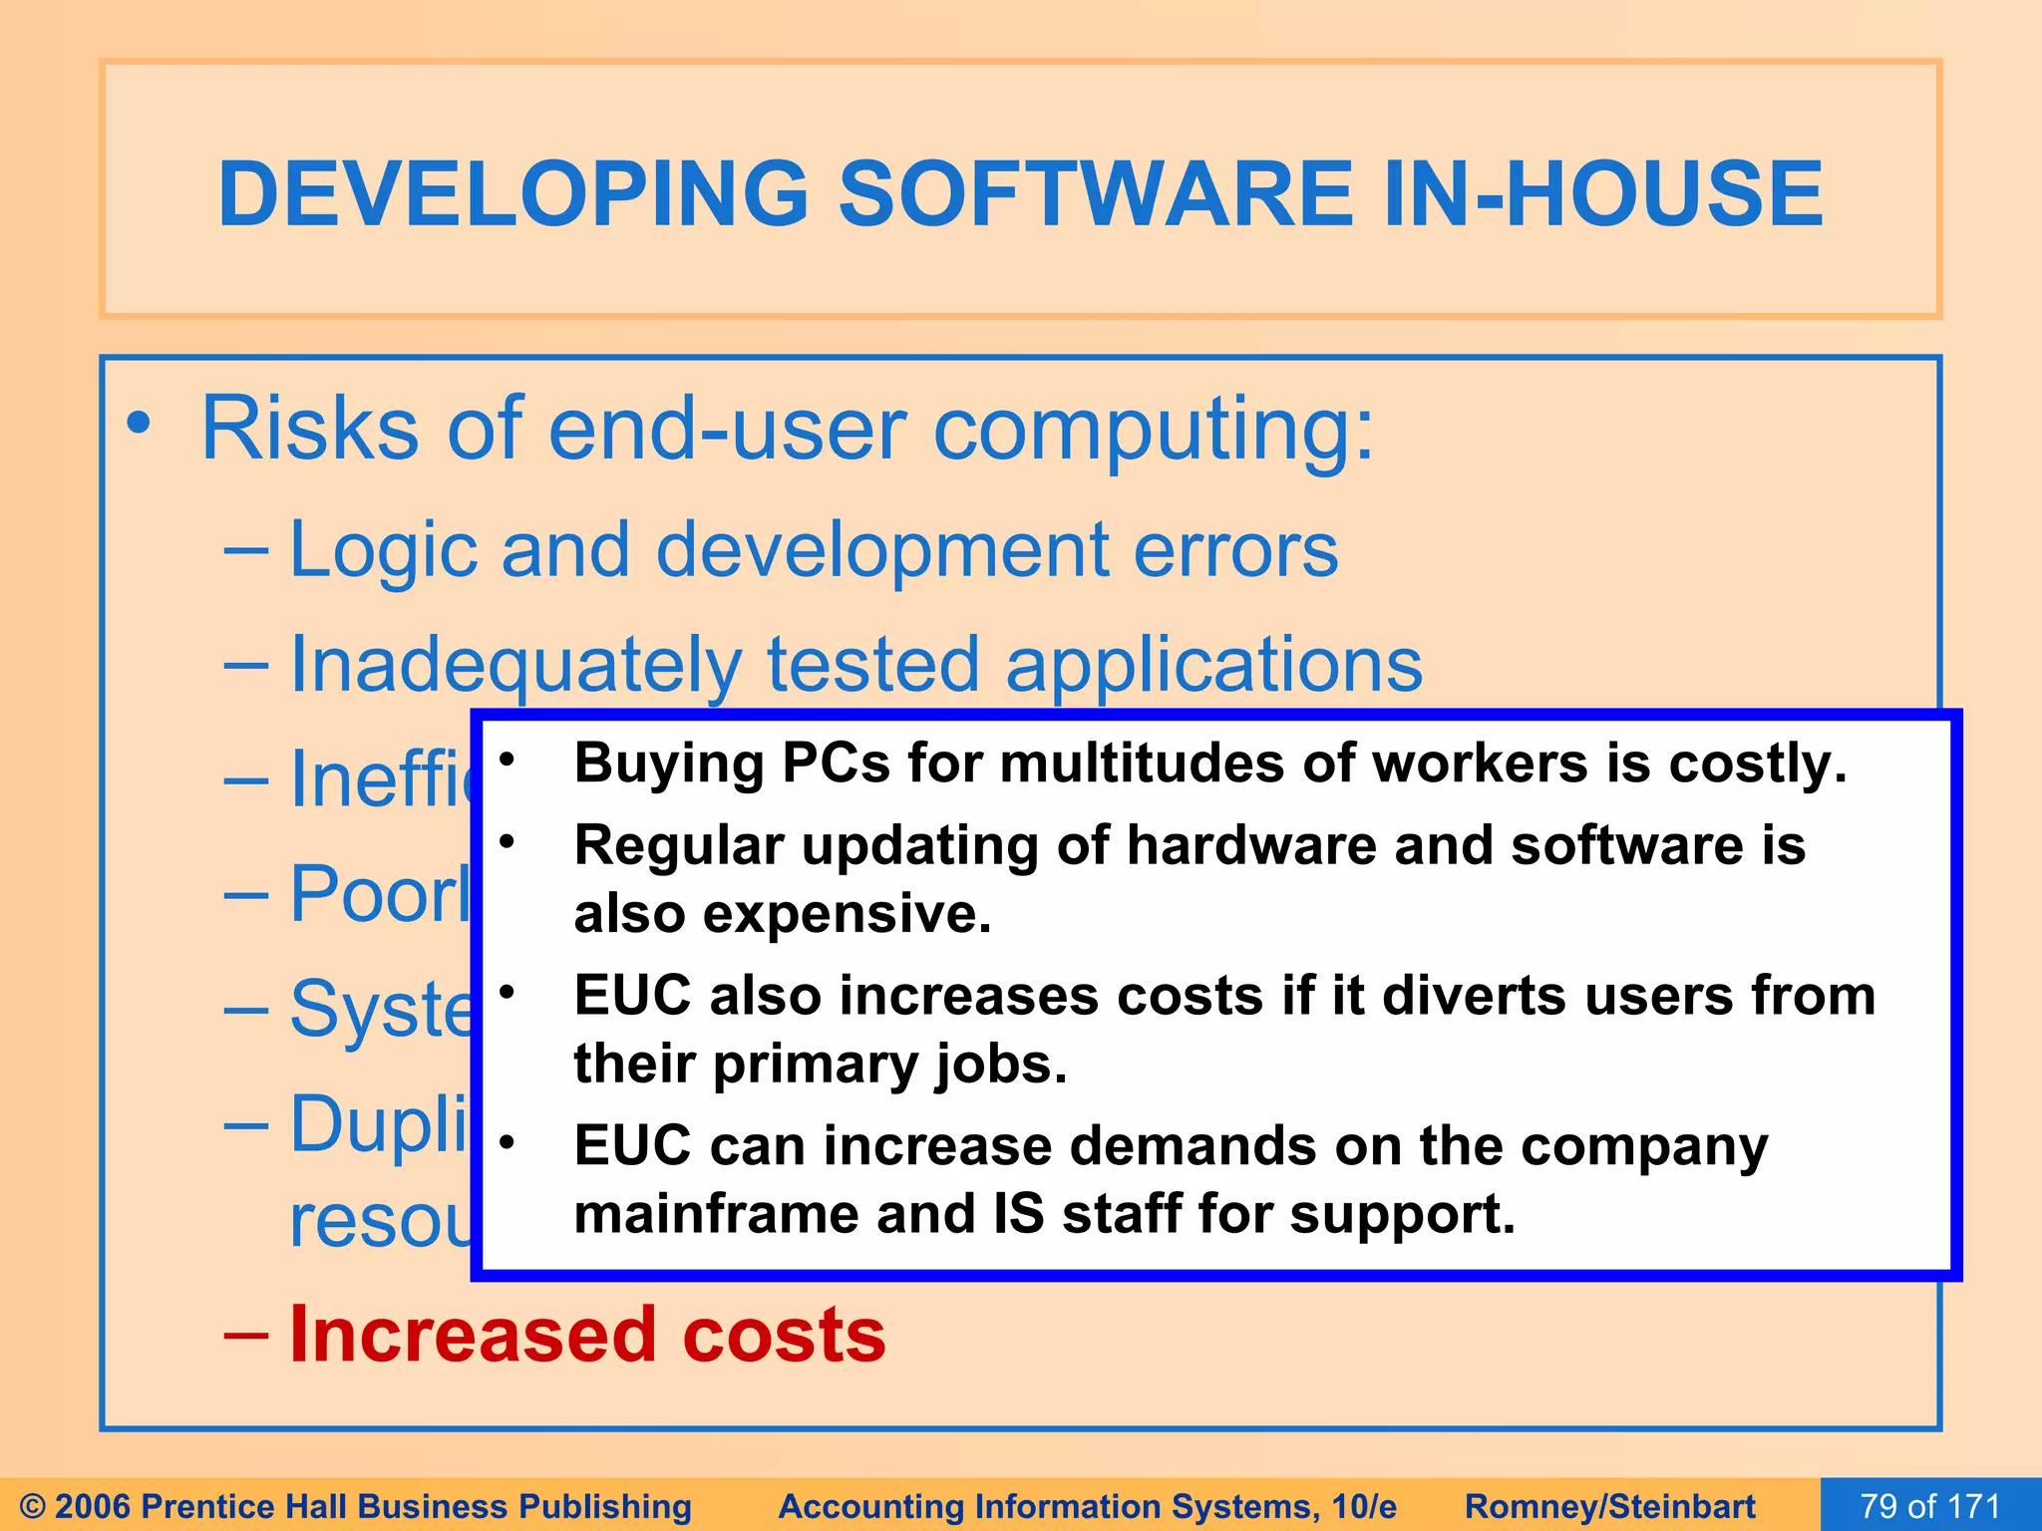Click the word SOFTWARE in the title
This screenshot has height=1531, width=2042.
point(1095,193)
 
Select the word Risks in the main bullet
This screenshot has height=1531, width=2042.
point(309,429)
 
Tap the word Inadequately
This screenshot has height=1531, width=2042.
point(515,666)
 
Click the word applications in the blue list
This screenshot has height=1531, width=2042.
point(1213,666)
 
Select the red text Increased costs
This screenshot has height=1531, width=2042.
point(586,1335)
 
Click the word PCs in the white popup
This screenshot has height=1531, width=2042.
point(836,764)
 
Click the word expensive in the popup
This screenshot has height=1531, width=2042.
point(847,913)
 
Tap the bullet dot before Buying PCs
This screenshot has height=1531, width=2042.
point(507,761)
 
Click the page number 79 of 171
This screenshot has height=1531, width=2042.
point(1930,1505)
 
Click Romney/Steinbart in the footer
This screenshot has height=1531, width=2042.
point(1609,1506)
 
